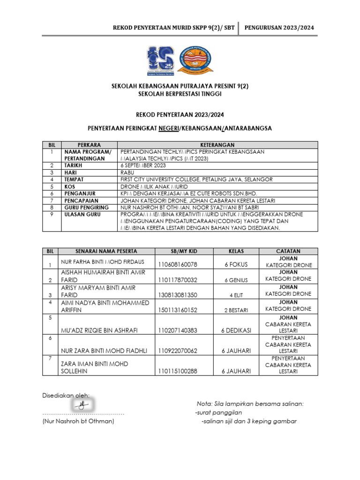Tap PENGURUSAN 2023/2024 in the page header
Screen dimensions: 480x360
pos(279,28)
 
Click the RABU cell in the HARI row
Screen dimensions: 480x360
pos(128,172)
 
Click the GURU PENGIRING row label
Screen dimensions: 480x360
pos(87,207)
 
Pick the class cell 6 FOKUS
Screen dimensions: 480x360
pos(236,265)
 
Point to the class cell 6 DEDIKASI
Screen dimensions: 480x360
pos(236,330)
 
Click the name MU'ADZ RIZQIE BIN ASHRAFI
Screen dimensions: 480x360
pos(99,330)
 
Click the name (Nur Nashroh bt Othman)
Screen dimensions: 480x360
pos(78,421)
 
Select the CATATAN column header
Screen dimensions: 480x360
pos(288,251)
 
